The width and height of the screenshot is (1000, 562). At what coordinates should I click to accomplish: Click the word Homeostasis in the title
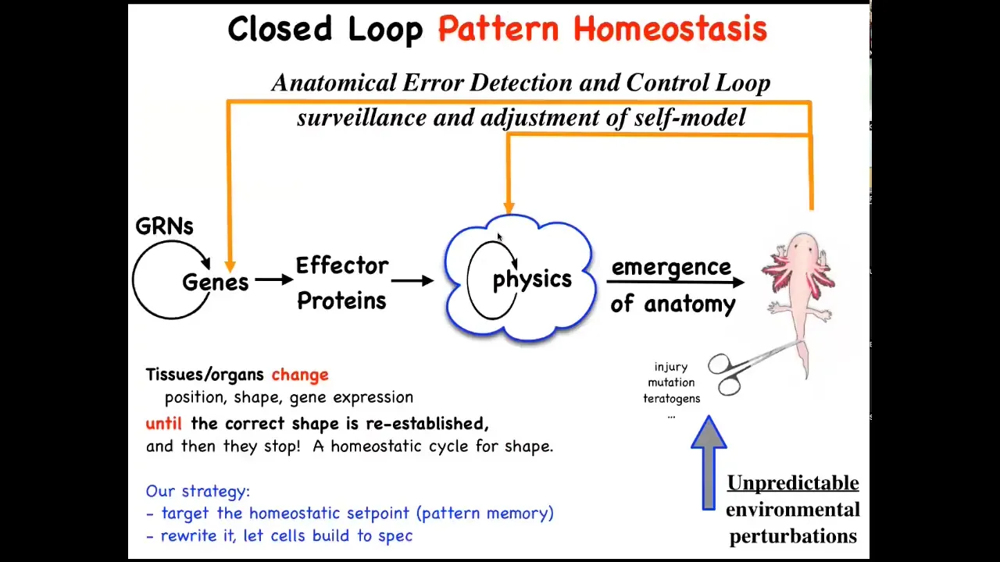point(670,29)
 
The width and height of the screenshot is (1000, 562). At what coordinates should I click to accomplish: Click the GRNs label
point(164,226)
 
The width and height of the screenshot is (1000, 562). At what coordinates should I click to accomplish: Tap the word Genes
point(215,283)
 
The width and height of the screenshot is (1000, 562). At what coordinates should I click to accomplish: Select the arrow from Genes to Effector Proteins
point(274,279)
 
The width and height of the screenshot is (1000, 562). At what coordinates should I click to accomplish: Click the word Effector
point(342,266)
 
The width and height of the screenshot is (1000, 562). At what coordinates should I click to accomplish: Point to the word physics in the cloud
point(532,280)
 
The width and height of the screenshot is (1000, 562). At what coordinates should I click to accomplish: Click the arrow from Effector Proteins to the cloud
point(412,280)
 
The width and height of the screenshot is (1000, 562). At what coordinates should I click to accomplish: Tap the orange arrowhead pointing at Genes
point(230,266)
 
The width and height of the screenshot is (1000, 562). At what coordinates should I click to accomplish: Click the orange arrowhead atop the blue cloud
point(509,208)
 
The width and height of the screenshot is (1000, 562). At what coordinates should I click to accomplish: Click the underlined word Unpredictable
point(793,483)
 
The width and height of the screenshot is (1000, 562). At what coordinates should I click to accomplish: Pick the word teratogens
point(671,398)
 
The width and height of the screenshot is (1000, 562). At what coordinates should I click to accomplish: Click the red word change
point(300,375)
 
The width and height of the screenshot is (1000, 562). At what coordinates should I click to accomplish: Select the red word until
point(164,423)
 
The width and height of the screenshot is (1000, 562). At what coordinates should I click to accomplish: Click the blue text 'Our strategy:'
point(198,491)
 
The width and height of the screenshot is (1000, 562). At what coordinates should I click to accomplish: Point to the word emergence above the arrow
point(671,267)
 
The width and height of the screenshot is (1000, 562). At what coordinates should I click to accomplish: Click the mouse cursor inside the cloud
point(499,237)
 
